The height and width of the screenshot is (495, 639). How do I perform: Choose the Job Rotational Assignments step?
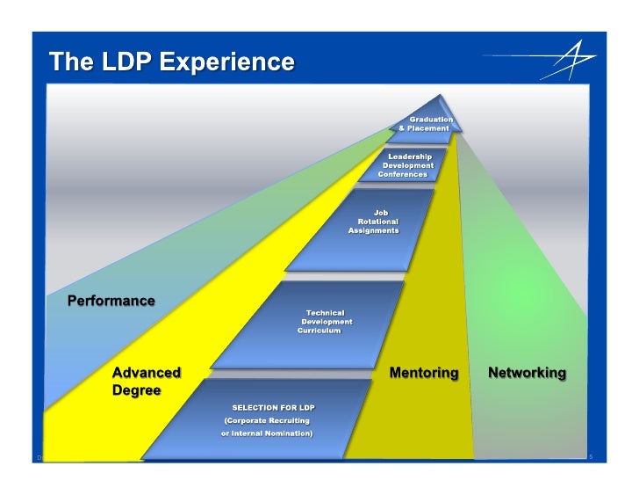click(x=376, y=222)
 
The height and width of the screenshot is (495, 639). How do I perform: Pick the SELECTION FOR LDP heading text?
click(x=273, y=408)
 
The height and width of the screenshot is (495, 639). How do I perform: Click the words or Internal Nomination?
click(x=266, y=433)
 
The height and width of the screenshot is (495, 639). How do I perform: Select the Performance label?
click(x=111, y=301)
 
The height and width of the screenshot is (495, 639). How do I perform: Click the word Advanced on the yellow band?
click(x=147, y=373)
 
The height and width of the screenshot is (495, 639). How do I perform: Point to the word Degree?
click(x=136, y=390)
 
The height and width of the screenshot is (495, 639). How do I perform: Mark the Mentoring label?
click(x=423, y=373)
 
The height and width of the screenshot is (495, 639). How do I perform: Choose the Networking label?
click(x=527, y=373)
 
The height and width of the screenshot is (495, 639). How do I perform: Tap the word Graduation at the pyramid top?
click(x=431, y=119)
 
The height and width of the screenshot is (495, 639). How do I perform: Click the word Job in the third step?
click(x=381, y=212)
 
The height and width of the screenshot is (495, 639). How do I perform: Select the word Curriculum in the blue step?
click(x=319, y=331)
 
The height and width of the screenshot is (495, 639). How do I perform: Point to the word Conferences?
click(x=402, y=174)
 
